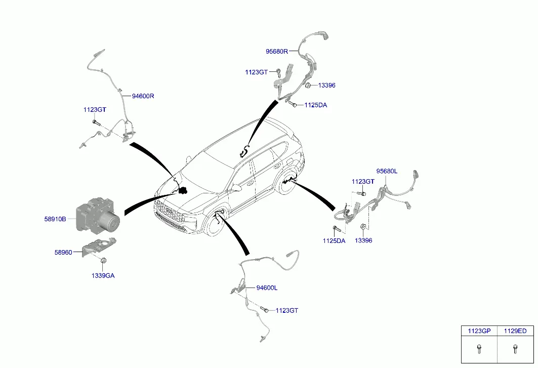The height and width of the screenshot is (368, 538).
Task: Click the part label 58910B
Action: [55, 219]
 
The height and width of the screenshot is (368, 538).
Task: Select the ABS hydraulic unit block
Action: [98, 215]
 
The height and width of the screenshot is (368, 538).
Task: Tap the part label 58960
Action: [63, 252]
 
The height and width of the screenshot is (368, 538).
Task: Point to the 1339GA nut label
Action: [103, 275]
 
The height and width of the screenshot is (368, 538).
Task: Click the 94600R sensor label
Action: [143, 96]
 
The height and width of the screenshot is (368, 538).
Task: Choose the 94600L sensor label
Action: [267, 288]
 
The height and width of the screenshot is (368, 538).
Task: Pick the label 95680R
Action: [277, 52]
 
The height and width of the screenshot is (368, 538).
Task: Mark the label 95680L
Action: [387, 171]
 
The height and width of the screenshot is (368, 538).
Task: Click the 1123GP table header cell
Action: [479, 331]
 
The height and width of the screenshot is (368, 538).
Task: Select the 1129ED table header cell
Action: [515, 331]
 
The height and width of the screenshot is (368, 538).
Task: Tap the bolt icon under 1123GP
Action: [479, 349]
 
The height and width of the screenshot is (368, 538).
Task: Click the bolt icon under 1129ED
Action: [515, 349]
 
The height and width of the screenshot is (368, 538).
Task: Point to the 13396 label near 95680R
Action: [326, 85]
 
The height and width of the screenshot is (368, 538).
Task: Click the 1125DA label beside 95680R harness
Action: [316, 105]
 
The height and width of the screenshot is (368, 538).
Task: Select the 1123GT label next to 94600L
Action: [287, 310]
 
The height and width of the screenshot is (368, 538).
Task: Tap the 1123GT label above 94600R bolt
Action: [95, 110]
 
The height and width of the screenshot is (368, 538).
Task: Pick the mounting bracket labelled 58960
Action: [99, 246]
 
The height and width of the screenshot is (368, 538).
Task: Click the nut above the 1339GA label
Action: [103, 260]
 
